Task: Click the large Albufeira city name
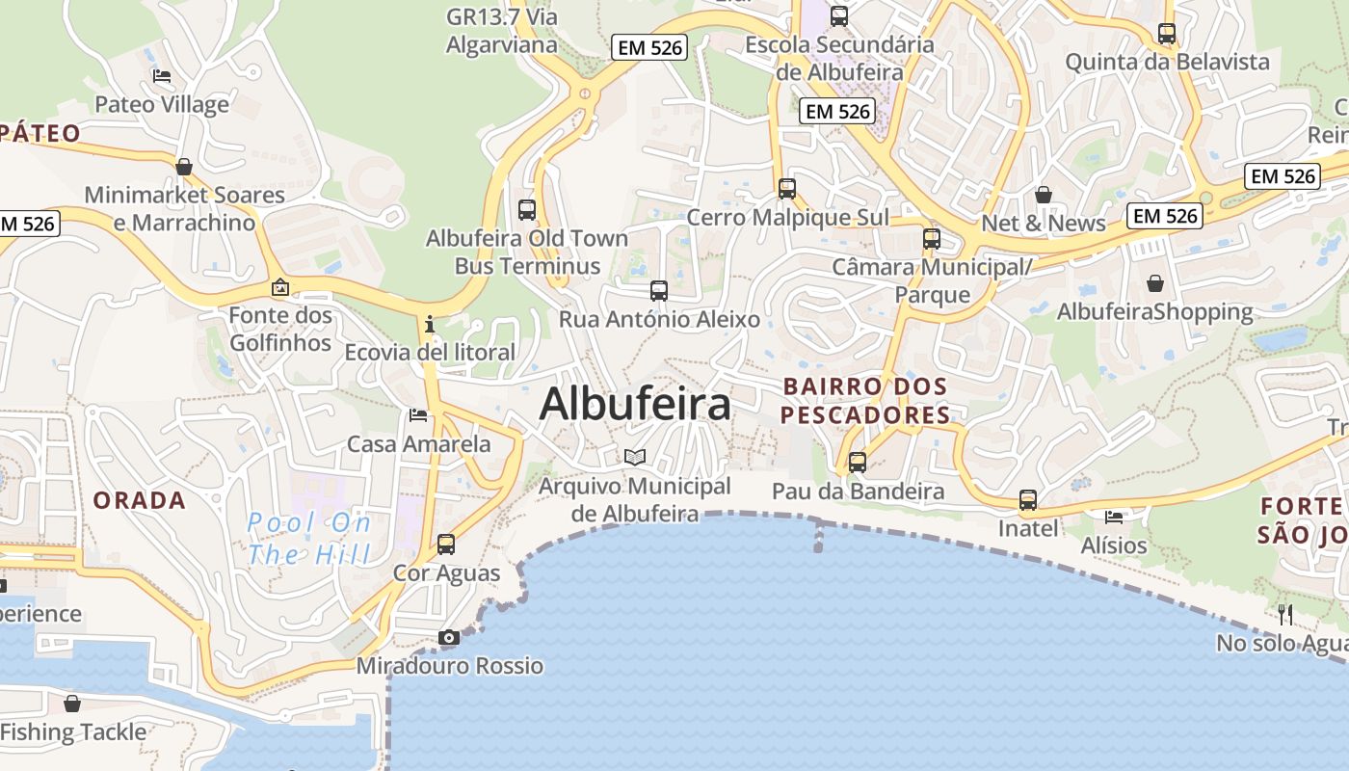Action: pos(635,404)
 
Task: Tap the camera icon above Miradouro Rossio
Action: pos(449,637)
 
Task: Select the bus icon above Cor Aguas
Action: pos(446,544)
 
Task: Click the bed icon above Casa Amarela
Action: pos(418,415)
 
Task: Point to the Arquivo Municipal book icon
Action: pos(634,457)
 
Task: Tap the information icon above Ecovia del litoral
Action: pos(430,324)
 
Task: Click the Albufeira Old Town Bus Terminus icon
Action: pos(527,209)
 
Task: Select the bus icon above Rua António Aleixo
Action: pos(659,290)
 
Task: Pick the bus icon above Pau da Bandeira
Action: pos(858,463)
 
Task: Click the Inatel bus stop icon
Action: pos(1028,500)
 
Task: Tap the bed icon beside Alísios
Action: pos(1114,517)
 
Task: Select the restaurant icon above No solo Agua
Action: pos(1285,614)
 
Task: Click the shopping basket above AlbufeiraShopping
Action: pos(1155,283)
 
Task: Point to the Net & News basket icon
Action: pos(1044,195)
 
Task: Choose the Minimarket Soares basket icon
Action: pos(184,167)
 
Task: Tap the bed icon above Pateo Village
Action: pos(162,76)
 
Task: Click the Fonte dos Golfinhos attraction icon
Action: pos(280,287)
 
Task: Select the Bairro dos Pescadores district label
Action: pos(865,401)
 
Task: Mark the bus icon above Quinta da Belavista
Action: pos(1167,34)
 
